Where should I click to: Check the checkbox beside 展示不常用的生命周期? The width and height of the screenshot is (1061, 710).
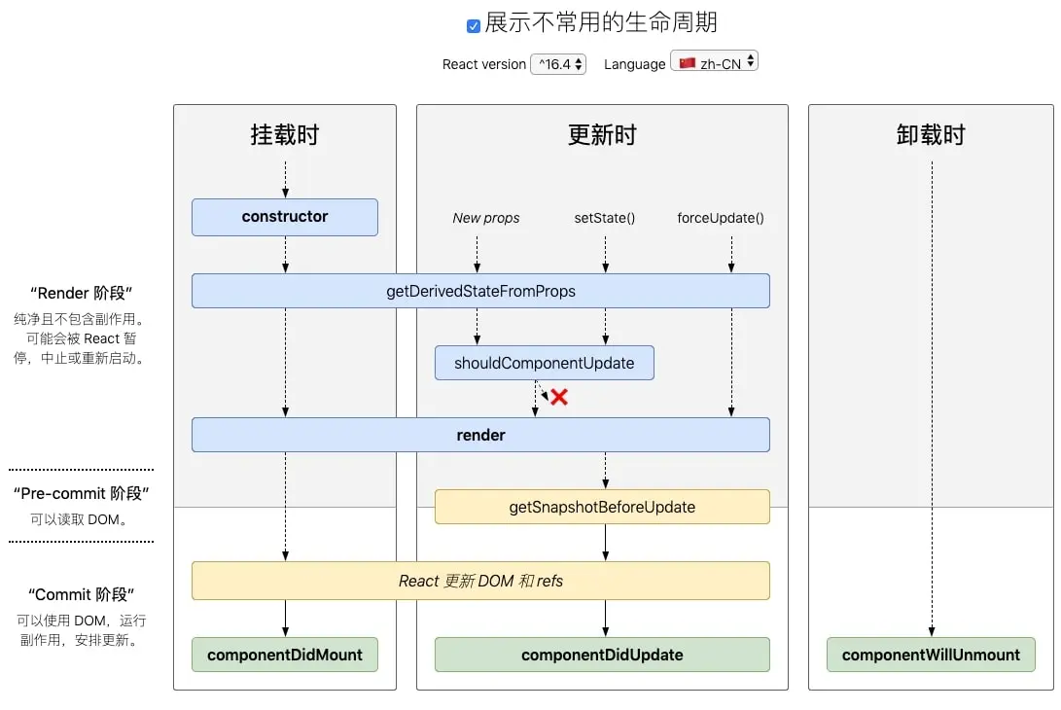(x=474, y=26)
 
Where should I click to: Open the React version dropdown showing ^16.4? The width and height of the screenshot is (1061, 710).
(x=558, y=64)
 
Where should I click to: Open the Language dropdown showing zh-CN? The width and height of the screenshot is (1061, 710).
(x=714, y=63)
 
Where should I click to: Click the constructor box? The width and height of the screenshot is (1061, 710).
(x=284, y=217)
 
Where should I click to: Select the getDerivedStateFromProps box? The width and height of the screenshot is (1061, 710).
(x=480, y=291)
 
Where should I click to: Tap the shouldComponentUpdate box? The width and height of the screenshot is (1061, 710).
(x=544, y=363)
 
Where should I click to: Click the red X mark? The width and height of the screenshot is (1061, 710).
(x=559, y=397)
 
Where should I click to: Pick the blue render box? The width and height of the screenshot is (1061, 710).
(x=480, y=435)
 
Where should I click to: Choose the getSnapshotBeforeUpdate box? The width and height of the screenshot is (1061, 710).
(x=602, y=507)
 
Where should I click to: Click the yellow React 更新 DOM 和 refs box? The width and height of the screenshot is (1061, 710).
(x=480, y=581)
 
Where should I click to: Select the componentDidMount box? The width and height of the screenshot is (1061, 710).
(x=284, y=655)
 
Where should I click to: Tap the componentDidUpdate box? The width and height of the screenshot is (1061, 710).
(x=602, y=655)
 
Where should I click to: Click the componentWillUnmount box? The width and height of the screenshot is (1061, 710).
(x=931, y=655)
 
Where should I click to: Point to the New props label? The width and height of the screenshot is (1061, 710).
(x=486, y=218)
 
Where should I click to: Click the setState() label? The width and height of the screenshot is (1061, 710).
(x=605, y=218)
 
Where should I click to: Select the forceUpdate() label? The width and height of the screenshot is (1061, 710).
(x=721, y=218)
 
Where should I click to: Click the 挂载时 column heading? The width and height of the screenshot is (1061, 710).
(x=285, y=135)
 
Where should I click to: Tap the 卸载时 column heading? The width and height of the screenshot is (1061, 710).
(x=931, y=135)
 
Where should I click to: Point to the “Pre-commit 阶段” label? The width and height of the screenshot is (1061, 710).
(x=82, y=493)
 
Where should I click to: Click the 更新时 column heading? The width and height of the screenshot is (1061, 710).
(x=602, y=135)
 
